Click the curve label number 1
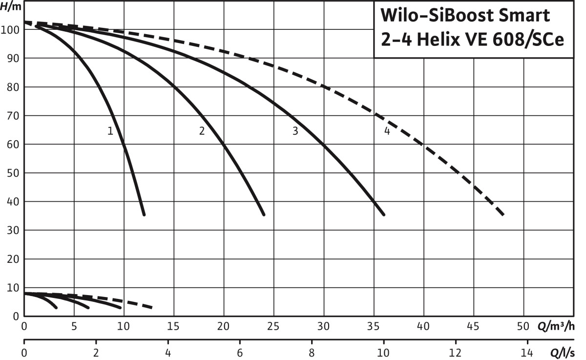[110, 131]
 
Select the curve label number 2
[202, 131]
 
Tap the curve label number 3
[295, 131]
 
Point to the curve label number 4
[387, 131]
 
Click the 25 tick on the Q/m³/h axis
[273, 326]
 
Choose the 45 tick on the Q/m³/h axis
[473, 326]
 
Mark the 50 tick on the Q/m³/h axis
[523, 326]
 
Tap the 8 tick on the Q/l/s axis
[312, 353]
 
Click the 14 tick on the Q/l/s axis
[526, 353]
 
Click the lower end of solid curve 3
[383, 214]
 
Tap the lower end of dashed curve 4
[502, 214]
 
